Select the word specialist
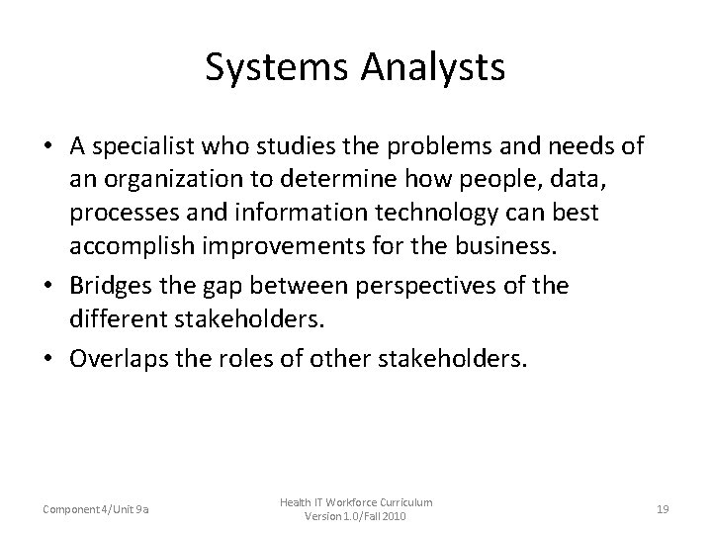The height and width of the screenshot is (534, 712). [148, 147]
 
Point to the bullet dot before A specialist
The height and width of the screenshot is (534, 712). [47, 148]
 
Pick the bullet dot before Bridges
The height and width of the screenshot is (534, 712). [47, 287]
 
